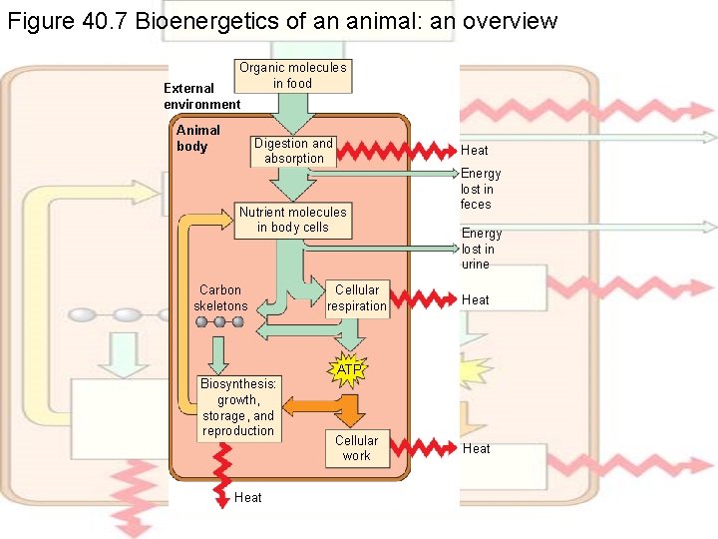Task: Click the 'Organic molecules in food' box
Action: [x=292, y=76]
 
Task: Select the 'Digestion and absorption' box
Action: [x=293, y=151]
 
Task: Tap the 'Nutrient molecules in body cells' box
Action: [x=292, y=220]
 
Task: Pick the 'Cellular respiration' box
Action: [x=356, y=298]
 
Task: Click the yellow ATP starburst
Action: [x=349, y=370]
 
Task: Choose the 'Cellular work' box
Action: [x=356, y=448]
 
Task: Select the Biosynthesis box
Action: [x=237, y=407]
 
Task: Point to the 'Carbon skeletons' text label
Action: [x=220, y=297]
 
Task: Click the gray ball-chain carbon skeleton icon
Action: [x=219, y=322]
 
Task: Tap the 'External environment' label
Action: [x=201, y=96]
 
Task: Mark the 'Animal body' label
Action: [x=197, y=139]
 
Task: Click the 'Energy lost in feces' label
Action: [x=480, y=189]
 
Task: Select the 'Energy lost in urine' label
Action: [x=481, y=249]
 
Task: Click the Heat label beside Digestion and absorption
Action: [x=475, y=151]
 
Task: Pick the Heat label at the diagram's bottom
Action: [x=247, y=497]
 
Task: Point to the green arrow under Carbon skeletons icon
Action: [x=218, y=352]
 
